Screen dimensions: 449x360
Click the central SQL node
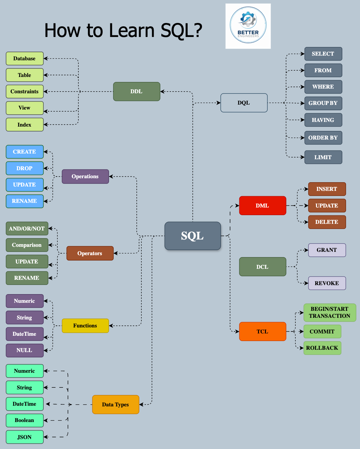(x=192, y=236)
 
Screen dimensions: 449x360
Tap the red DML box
(x=262, y=206)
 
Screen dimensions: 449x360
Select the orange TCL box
(x=262, y=331)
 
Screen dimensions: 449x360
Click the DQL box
(x=244, y=103)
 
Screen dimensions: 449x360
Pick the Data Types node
(x=115, y=404)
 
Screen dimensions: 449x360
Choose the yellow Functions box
(x=85, y=326)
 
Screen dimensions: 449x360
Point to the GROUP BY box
(x=323, y=103)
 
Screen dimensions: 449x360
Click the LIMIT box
(x=323, y=157)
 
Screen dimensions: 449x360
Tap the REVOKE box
(x=327, y=283)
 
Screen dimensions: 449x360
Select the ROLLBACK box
(x=322, y=348)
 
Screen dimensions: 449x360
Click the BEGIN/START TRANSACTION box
(x=329, y=312)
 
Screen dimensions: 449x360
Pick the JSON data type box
(x=24, y=437)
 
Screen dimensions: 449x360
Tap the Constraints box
(x=24, y=92)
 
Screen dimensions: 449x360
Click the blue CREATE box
(x=24, y=152)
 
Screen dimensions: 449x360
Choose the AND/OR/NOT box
(x=27, y=228)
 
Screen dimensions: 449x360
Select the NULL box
(x=24, y=350)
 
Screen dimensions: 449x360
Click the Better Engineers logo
(x=248, y=26)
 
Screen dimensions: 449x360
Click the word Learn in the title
(x=132, y=31)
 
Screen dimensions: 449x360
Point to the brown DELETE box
(x=327, y=222)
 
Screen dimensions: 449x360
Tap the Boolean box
(x=24, y=420)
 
